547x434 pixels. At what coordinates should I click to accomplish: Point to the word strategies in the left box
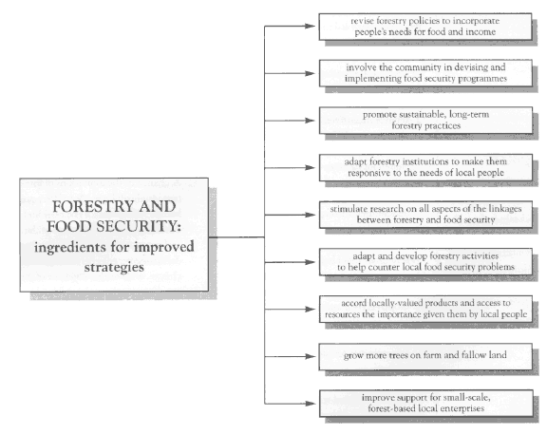pos(114,267)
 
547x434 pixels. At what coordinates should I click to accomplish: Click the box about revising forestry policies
pos(425,27)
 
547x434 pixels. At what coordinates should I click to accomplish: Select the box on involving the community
pos(425,73)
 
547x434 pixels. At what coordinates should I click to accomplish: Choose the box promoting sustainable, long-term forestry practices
pos(425,121)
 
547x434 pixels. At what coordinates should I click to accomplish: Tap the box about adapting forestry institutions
pos(425,167)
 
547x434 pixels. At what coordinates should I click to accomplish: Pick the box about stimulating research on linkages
pos(425,215)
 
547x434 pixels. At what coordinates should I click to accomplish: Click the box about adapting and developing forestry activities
pos(425,262)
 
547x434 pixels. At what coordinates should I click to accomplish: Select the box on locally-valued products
pos(425,309)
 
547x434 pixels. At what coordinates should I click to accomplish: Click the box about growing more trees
pos(425,356)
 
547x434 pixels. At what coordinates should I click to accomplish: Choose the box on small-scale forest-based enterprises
pos(425,404)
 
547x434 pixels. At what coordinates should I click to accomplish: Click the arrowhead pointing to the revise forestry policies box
pos(310,27)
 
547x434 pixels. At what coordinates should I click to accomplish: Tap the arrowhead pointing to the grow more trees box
pos(310,356)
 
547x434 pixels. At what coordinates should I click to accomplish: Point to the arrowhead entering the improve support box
pos(310,404)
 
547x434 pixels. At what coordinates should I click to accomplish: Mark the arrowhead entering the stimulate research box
pos(310,215)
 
